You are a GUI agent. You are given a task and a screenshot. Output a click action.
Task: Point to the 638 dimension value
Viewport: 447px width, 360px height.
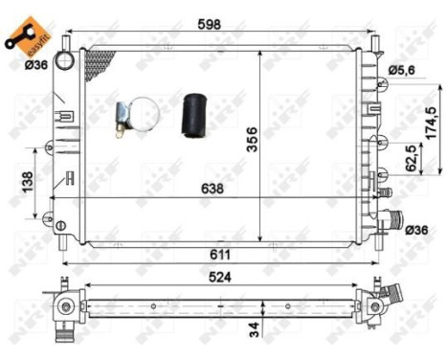(212, 190)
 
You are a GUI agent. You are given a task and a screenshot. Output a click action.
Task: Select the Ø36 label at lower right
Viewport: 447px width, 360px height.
(416, 230)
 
